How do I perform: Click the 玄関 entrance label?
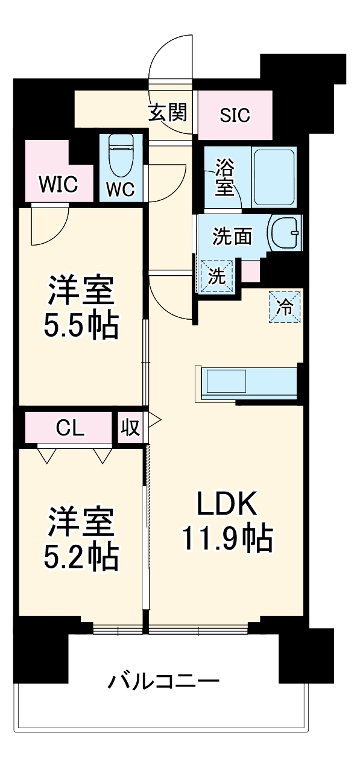pos(168,113)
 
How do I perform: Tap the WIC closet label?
pos(58,185)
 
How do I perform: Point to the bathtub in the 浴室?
pos(274,177)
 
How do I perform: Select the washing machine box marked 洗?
pos(216,275)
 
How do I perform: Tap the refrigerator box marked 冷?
pos(284,307)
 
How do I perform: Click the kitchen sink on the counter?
pos(227,382)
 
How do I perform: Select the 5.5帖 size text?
pos(80,326)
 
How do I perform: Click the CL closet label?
pos(70,428)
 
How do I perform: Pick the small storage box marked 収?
pos(130,428)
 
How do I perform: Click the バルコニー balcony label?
pos(163,683)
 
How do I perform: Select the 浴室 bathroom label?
pos(225,177)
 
